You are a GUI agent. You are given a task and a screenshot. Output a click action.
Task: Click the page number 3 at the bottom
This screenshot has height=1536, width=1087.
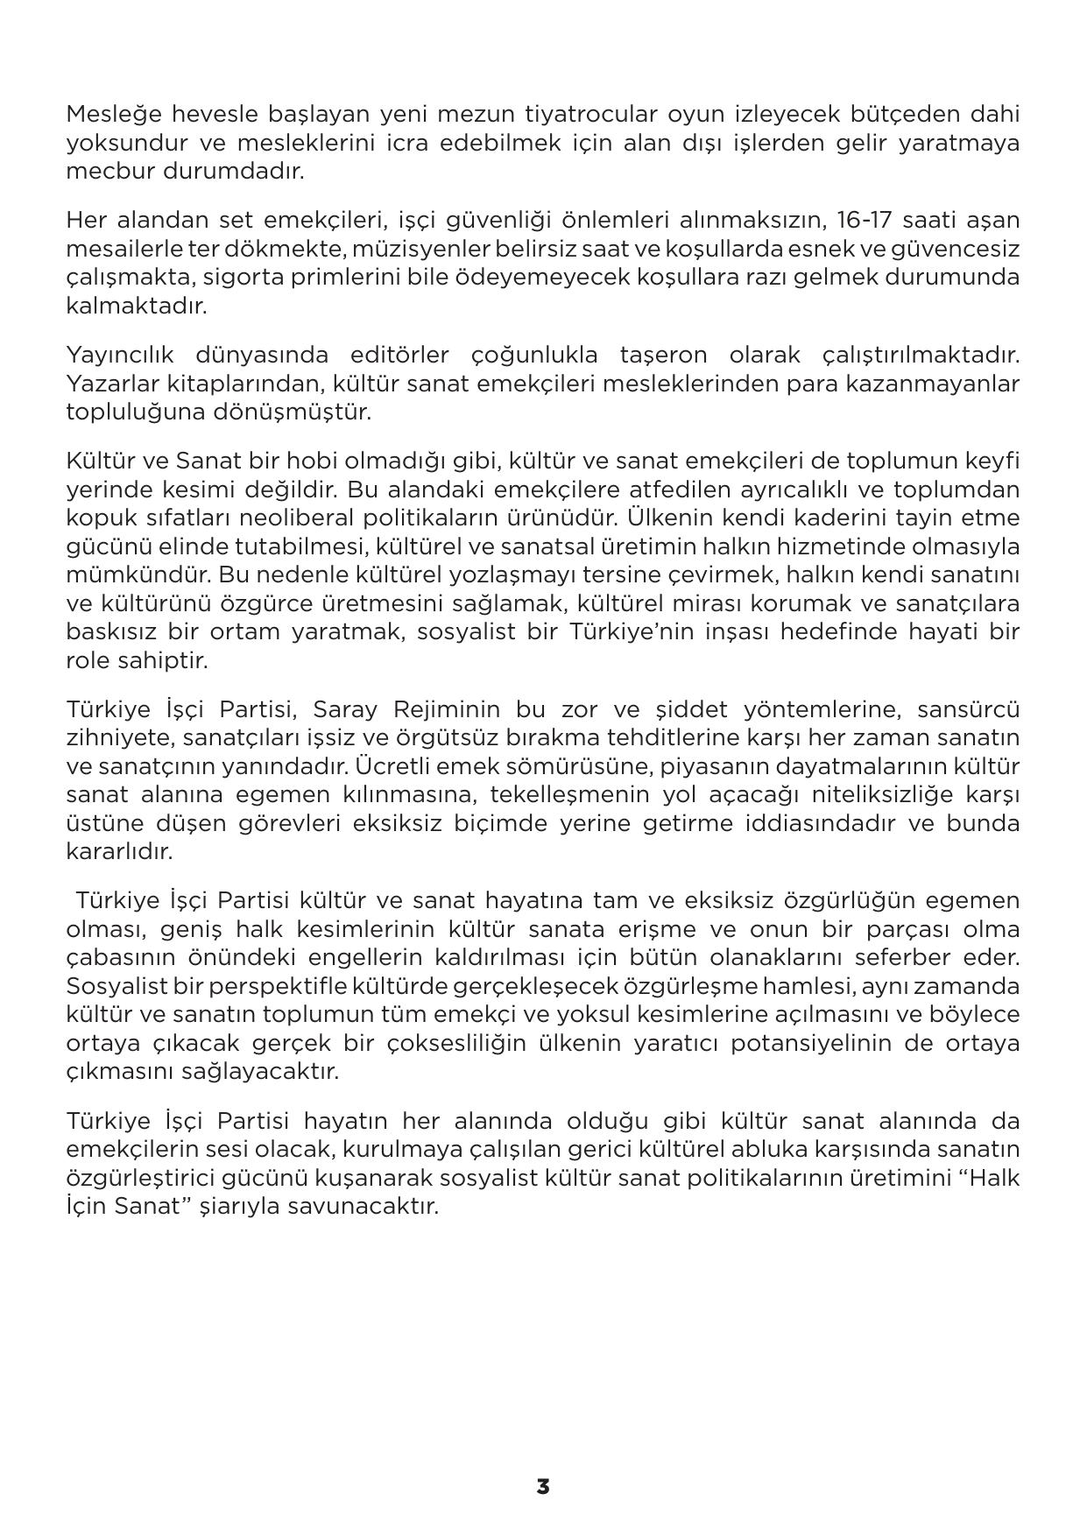pyautogui.click(x=543, y=1486)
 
